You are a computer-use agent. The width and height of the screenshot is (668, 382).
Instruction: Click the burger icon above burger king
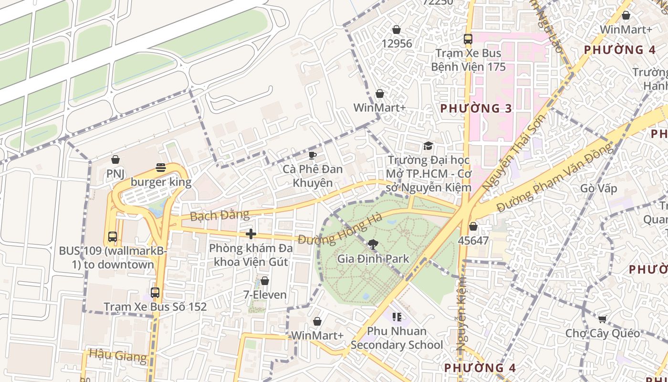click(161, 168)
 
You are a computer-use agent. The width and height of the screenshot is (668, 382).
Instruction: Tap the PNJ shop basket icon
click(115, 159)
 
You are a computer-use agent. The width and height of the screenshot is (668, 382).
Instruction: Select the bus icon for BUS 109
click(113, 236)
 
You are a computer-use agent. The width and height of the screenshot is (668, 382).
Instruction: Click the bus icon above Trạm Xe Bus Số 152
click(155, 292)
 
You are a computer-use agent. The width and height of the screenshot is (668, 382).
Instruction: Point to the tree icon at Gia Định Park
click(373, 245)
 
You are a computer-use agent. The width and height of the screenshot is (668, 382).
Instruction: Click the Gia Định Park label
click(373, 259)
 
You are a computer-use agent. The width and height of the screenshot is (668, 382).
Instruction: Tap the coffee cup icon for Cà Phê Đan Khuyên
click(312, 155)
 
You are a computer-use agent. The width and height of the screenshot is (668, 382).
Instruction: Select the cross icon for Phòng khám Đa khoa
click(251, 233)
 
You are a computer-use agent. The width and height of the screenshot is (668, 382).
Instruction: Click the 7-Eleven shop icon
click(265, 281)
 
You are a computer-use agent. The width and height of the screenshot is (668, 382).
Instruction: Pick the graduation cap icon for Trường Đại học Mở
click(428, 146)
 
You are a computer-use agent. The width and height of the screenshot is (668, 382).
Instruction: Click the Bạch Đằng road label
click(219, 215)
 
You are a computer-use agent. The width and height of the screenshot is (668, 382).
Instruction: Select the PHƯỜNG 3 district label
click(476, 108)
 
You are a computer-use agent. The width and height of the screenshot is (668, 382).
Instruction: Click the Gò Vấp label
click(598, 188)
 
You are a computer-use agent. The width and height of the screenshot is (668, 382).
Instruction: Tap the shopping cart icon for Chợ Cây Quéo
click(602, 319)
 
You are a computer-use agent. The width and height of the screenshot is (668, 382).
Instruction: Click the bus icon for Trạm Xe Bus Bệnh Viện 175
click(468, 39)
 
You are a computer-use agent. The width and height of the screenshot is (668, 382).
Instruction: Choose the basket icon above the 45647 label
click(473, 226)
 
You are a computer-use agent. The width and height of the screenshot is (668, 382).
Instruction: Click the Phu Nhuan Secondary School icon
click(397, 317)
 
